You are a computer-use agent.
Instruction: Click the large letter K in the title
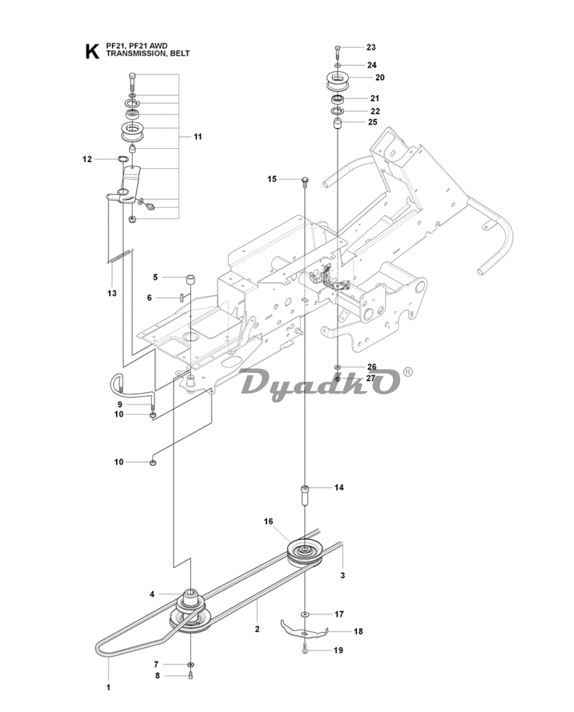92,52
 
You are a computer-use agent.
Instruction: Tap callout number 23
371,48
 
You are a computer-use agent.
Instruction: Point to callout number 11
198,136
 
